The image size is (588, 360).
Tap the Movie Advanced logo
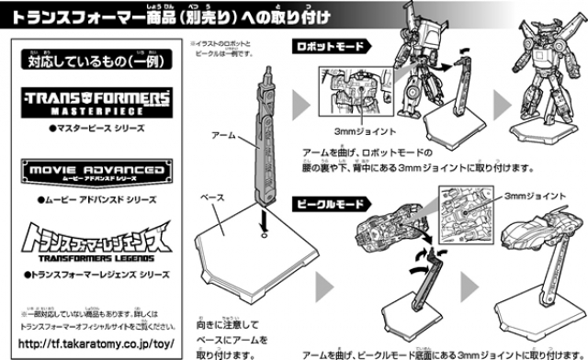click(x=96, y=174)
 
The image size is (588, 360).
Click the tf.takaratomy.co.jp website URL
click(x=96, y=342)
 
